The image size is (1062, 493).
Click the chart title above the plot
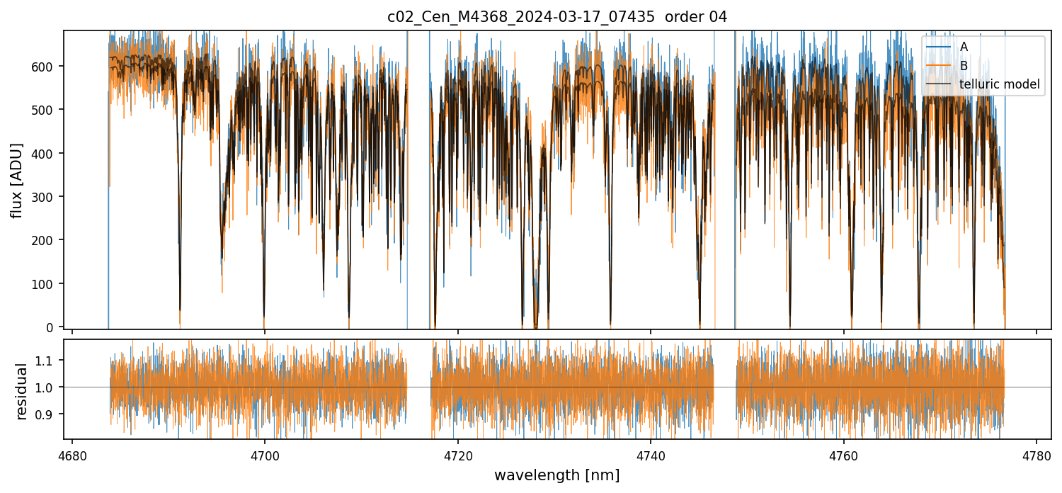point(556,17)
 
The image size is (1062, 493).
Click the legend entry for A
point(964,47)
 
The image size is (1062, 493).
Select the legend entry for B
point(964,66)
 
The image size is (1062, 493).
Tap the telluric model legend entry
point(999,84)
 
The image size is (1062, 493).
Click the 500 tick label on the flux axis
point(46,110)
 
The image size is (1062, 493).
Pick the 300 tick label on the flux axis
point(46,197)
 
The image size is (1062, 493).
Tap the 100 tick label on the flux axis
point(46,284)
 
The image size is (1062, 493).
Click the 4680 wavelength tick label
point(72,456)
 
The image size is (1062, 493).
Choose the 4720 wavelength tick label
point(457,456)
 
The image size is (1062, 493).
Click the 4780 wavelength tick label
point(1037,456)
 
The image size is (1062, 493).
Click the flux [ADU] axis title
point(16,180)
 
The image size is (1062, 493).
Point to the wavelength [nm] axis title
point(556,475)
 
